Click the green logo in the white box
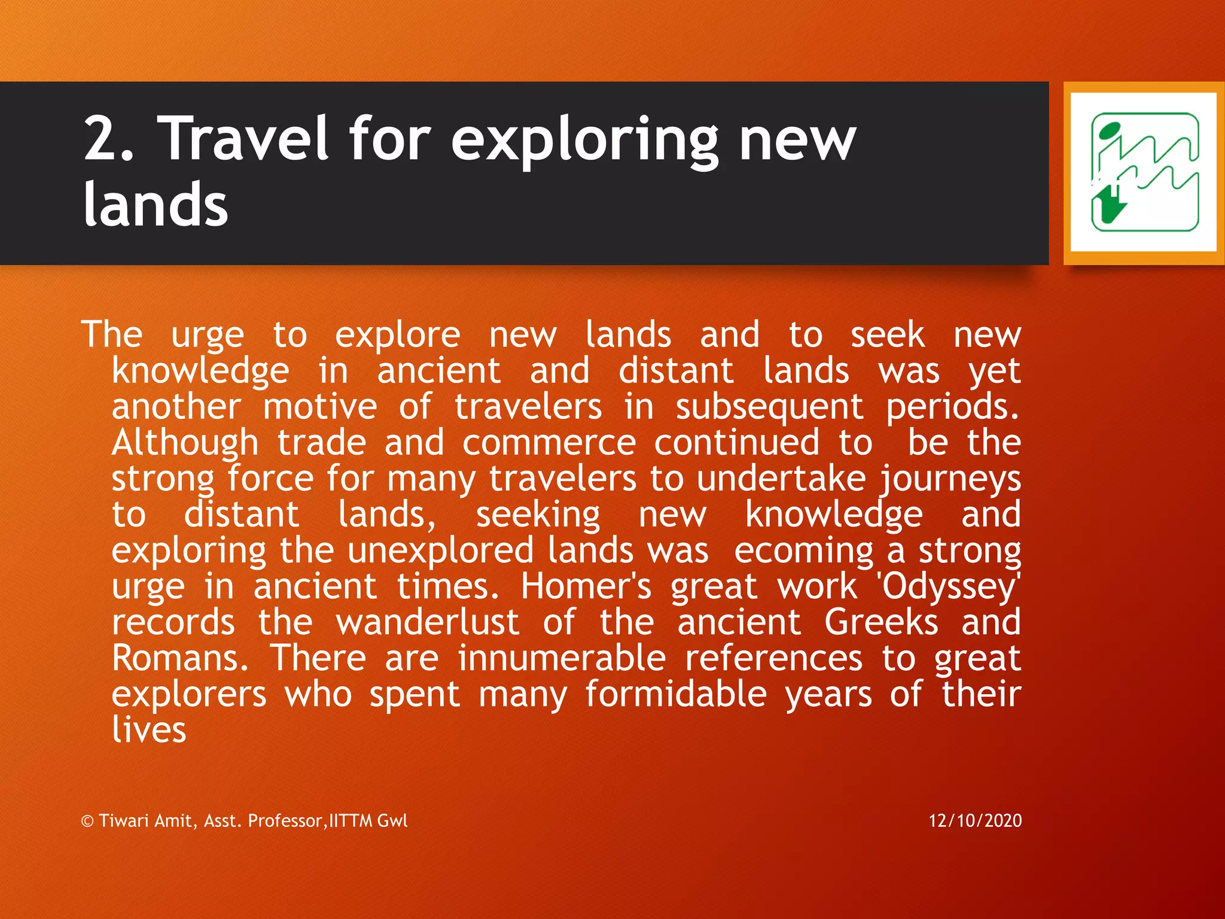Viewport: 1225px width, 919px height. pos(1144,172)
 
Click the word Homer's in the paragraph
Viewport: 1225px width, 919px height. pos(586,586)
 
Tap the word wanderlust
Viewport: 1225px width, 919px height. pos(428,622)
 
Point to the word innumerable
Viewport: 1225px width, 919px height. pos(562,658)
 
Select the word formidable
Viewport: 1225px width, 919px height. pos(676,694)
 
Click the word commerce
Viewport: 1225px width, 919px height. pos(548,443)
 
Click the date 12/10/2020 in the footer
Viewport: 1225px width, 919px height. pos(975,820)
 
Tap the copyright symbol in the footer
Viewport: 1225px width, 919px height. pos(87,821)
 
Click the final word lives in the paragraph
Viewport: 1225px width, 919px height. pos(149,730)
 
